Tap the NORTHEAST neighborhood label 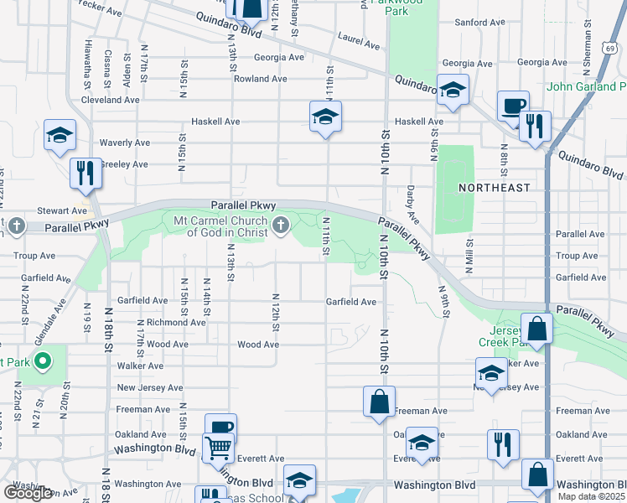(x=495, y=188)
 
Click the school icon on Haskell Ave (x=325, y=117)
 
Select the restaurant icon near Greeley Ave (x=85, y=173)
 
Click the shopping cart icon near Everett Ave (x=218, y=449)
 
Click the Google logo (x=28, y=493)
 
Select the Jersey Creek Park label (x=501, y=336)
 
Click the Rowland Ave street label (x=260, y=79)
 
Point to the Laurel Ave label (x=359, y=37)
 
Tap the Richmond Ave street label (x=176, y=322)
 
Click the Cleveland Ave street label (x=110, y=100)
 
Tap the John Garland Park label (x=586, y=86)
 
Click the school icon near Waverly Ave (x=60, y=138)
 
